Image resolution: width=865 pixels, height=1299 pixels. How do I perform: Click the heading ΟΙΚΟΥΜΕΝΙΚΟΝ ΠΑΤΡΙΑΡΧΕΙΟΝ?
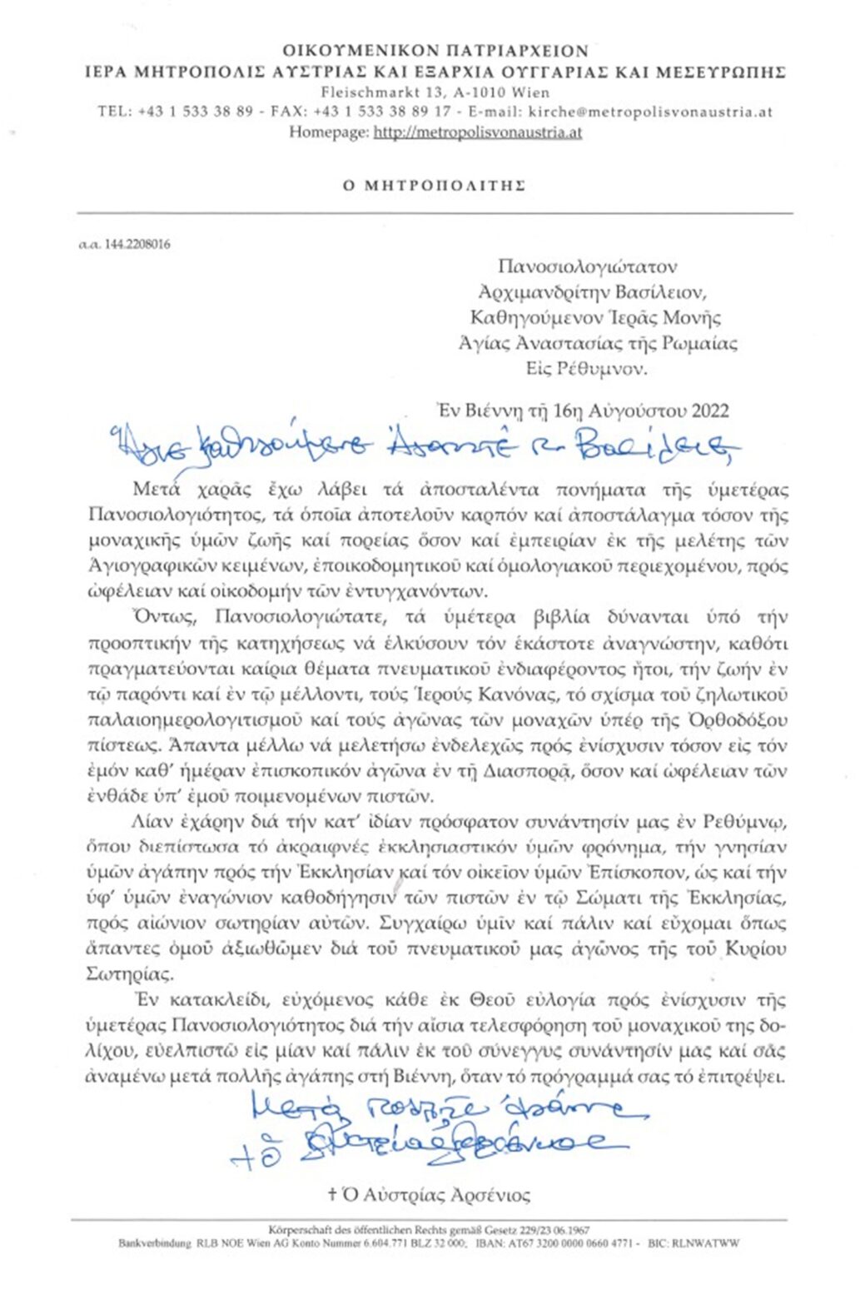point(435,51)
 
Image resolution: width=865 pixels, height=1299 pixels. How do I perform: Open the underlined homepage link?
point(477,132)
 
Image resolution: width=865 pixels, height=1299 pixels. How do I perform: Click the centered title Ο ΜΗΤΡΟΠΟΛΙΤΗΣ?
point(434,186)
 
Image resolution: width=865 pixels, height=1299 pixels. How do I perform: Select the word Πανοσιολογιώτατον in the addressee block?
point(587,266)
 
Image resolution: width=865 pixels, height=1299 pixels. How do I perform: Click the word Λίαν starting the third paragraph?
point(150,822)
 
